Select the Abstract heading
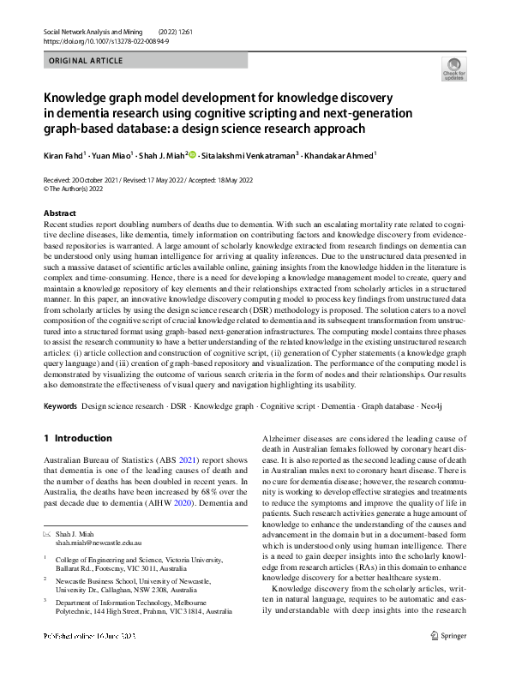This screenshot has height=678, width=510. click(60, 213)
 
